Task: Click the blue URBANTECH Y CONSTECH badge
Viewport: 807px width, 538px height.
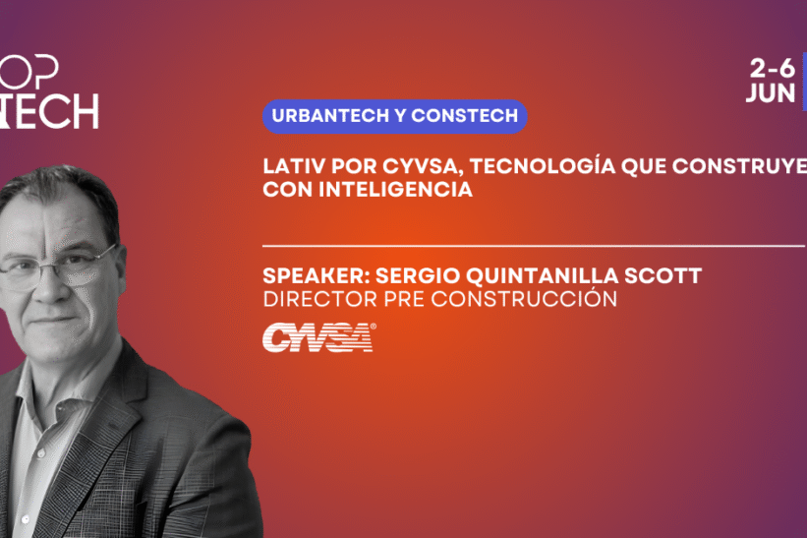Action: (x=395, y=116)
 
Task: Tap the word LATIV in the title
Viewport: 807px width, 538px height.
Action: (x=294, y=166)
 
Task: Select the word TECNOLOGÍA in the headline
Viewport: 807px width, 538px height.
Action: (x=543, y=166)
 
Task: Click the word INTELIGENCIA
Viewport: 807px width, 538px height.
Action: (x=396, y=190)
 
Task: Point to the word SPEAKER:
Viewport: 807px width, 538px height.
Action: (x=317, y=276)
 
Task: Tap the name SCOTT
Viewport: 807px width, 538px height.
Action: (x=663, y=276)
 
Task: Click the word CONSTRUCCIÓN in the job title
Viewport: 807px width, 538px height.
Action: (x=524, y=299)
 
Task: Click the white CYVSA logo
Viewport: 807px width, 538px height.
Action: (x=319, y=337)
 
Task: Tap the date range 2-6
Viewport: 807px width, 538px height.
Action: (x=772, y=69)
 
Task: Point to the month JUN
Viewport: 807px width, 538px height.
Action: (x=771, y=93)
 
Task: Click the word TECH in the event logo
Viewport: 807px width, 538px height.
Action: (x=51, y=111)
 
